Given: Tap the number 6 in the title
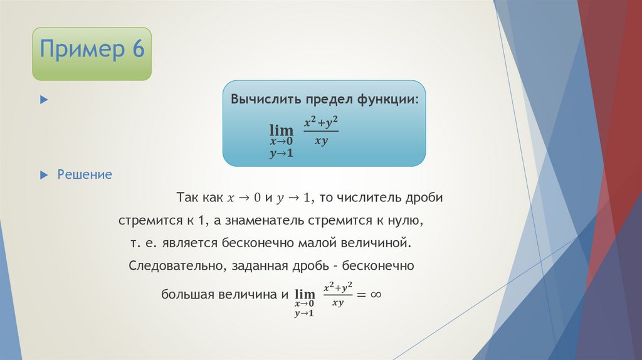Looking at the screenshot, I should click(x=137, y=48).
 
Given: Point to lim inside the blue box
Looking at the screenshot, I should click(x=282, y=130).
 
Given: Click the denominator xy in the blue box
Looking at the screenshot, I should click(x=321, y=141).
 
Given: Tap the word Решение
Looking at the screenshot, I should click(x=85, y=174).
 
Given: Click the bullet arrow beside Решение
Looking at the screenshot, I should click(x=43, y=174).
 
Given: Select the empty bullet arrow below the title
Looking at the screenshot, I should click(x=43, y=100).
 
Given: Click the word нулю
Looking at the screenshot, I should click(x=410, y=222).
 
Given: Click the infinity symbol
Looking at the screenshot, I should click(x=376, y=294).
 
